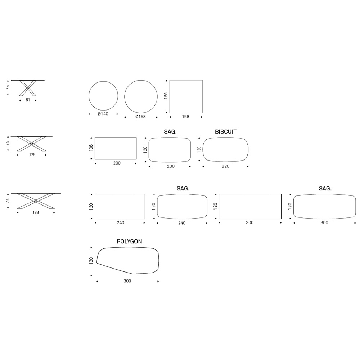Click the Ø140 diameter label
coord(103,114)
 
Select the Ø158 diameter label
coord(140,117)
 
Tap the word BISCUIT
coord(226,132)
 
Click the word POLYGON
coord(130,242)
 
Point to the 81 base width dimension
coord(28,100)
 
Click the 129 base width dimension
coord(32,155)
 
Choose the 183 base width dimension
coord(36,213)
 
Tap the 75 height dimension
coord(8,87)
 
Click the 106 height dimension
coord(91,148)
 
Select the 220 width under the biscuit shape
coord(225,166)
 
